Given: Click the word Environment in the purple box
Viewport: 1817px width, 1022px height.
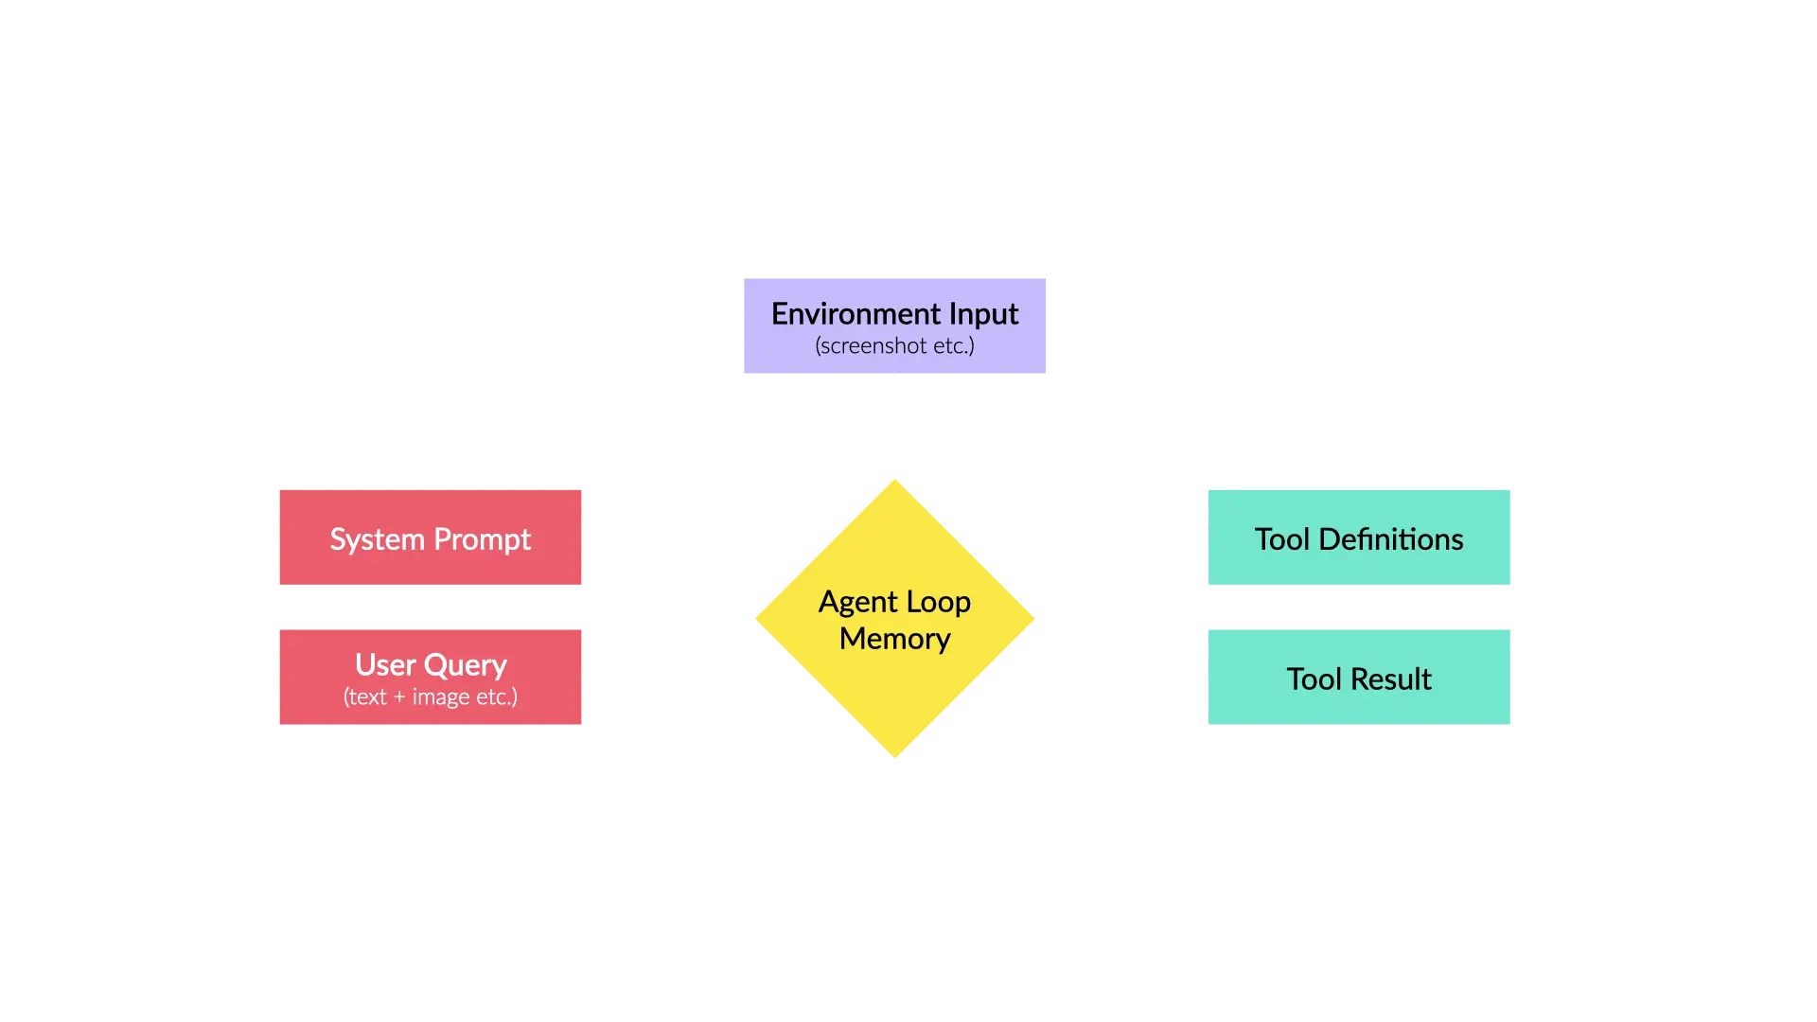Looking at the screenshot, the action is tap(856, 313).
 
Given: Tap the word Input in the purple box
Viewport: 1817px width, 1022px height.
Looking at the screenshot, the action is tap(983, 314).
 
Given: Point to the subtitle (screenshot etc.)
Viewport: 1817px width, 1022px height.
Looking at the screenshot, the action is tap(894, 346).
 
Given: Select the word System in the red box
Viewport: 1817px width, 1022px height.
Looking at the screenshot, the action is tap(377, 540).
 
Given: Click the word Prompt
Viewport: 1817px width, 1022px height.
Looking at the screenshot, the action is tap(482, 540).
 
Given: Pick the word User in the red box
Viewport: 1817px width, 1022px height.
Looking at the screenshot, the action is tap(385, 664).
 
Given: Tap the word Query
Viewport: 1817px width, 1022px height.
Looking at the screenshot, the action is tap(466, 666).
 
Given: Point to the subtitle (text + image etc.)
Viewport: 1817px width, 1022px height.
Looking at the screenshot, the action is tap(430, 697).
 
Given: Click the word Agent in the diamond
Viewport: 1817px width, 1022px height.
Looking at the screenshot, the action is tap(857, 603).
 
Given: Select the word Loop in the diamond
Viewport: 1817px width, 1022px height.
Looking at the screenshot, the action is tap(938, 603).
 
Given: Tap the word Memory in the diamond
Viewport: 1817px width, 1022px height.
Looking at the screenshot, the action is tap(894, 640).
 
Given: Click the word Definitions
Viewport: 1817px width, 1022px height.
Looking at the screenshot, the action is tap(1390, 538).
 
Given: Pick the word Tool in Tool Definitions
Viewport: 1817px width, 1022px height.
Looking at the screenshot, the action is tap(1282, 538).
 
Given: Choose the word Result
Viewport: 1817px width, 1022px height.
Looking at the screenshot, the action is tap(1391, 678).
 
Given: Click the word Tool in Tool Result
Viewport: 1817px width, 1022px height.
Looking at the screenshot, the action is tap(1314, 678).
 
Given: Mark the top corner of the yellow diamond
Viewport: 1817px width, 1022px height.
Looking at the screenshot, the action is tap(894, 480).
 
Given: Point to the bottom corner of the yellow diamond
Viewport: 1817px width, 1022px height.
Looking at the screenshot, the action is tap(894, 757).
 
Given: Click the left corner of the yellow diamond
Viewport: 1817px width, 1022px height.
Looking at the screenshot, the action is tap(756, 619).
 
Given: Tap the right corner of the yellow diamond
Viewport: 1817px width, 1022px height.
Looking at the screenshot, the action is tap(1033, 619).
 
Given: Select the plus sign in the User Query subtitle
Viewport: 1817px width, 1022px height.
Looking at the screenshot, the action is tap(399, 697).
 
